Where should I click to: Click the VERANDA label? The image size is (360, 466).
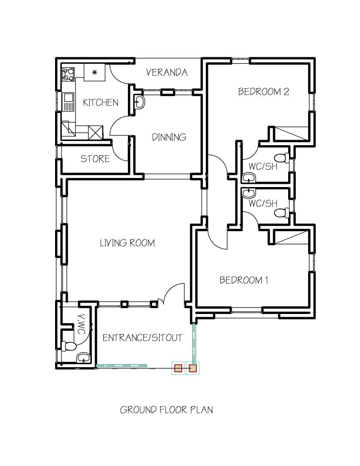point(167,72)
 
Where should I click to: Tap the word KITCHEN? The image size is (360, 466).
point(101,103)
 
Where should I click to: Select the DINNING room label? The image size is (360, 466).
point(169,137)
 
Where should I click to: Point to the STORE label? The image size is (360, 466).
point(95,159)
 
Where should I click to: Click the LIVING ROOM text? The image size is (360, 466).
point(127,243)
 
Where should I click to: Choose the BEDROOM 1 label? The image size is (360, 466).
point(243,280)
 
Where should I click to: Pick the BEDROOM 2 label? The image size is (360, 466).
point(264,91)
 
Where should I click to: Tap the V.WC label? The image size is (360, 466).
point(81,324)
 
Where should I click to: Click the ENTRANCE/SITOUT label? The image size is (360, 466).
point(142,338)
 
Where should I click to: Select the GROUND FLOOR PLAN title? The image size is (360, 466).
point(166,410)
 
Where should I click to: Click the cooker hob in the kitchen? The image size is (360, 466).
point(68,74)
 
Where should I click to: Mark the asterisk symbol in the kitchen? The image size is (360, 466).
point(95,72)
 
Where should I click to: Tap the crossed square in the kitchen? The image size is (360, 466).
point(96,132)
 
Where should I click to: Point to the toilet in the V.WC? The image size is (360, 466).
point(69,346)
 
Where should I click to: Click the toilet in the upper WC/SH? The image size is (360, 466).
point(282,158)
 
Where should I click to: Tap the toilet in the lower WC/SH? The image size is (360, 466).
point(282,213)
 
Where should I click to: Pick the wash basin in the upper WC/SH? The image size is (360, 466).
point(249,177)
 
